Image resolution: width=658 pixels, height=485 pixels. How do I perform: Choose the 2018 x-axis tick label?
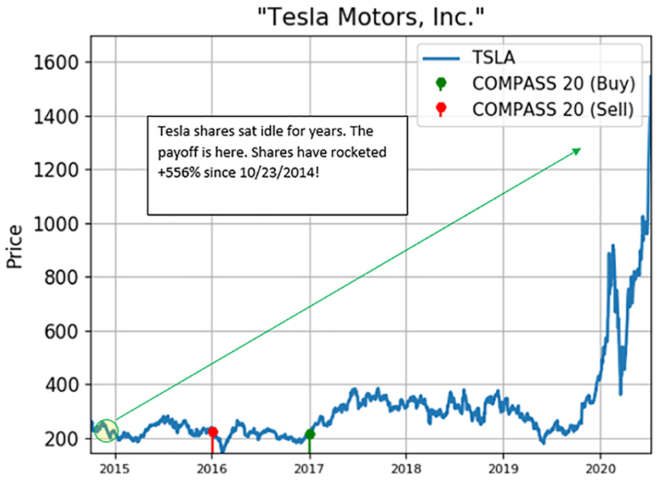[406, 470]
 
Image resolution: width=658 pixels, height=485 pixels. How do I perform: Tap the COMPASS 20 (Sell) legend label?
[553, 109]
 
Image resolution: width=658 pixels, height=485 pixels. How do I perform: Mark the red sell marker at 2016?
[213, 432]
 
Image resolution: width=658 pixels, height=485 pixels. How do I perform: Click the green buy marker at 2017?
[310, 434]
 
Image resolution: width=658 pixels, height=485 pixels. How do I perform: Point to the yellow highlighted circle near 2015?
[106, 430]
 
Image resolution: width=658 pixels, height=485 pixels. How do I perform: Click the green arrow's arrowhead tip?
[580, 149]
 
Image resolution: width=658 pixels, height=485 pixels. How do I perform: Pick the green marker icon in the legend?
[440, 83]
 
